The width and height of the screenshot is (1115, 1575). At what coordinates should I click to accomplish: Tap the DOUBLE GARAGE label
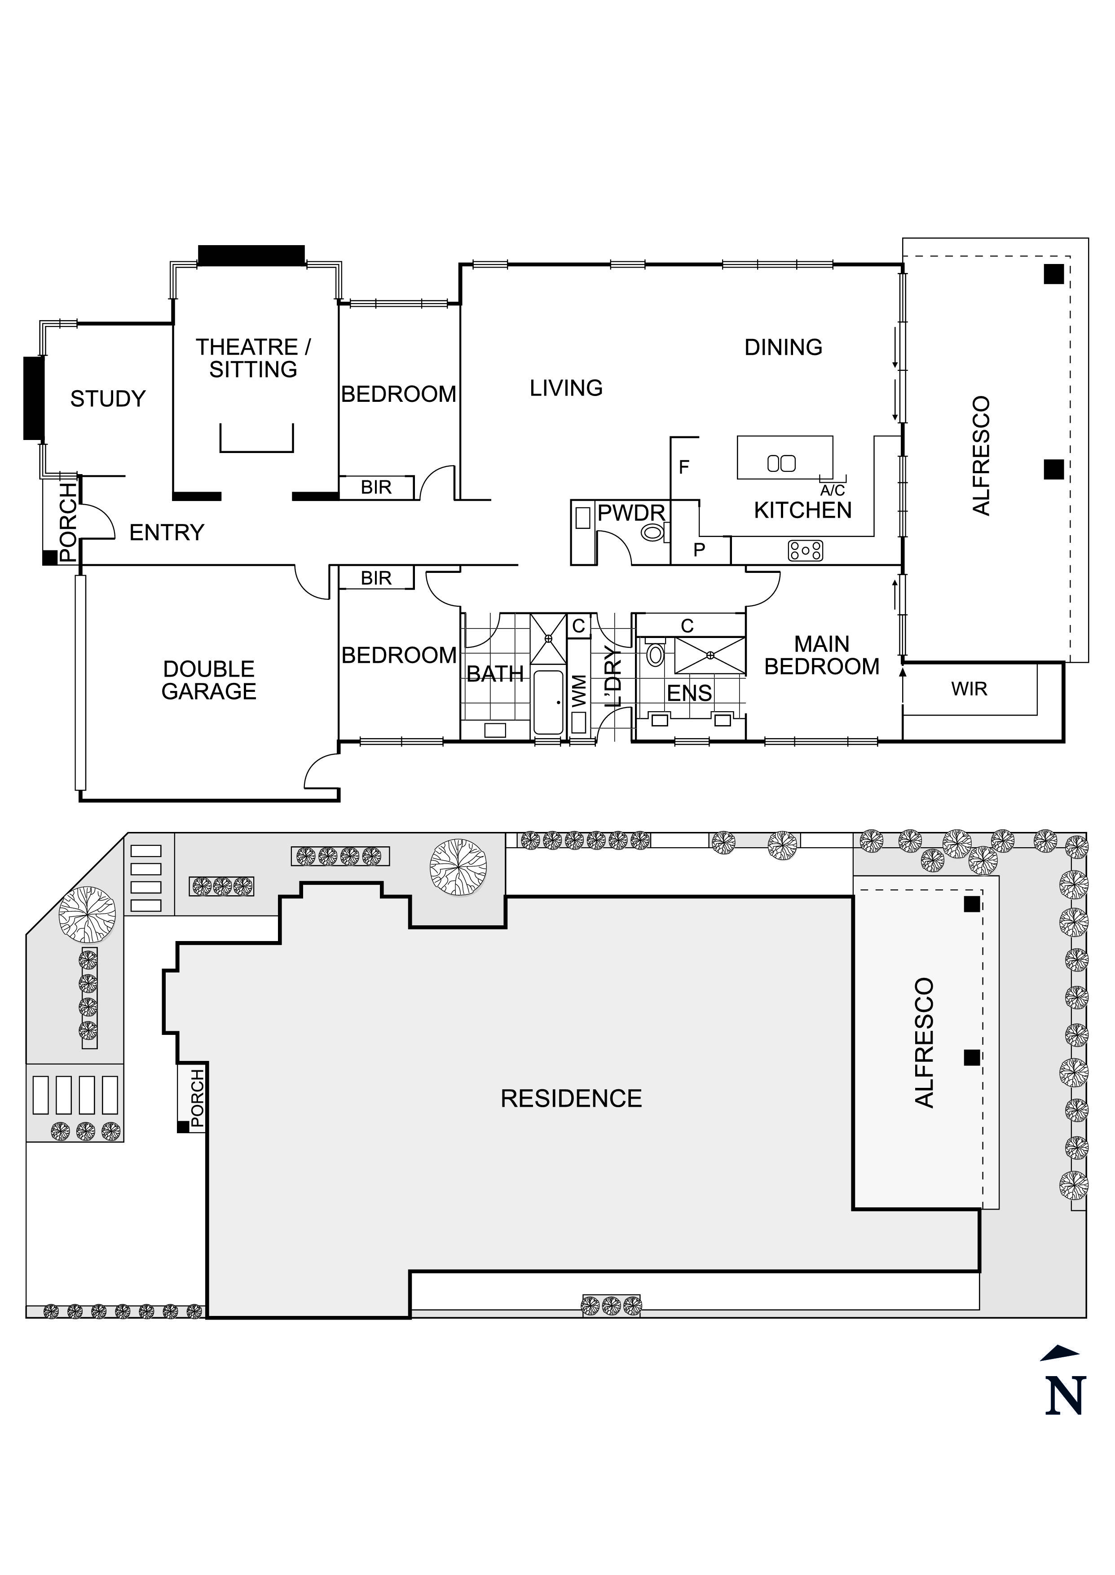(209, 680)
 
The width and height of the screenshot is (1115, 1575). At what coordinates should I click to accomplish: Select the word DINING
(784, 347)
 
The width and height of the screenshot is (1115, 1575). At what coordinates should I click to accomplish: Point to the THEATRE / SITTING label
(253, 358)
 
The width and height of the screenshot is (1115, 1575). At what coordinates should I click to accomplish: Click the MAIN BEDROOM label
(822, 656)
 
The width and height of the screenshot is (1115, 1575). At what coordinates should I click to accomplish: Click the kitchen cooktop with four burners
(805, 550)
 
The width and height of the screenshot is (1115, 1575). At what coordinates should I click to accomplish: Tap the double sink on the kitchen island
(781, 463)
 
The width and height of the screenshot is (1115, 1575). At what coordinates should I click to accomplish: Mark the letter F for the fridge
(684, 467)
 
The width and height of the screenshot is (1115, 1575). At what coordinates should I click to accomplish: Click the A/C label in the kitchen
(832, 491)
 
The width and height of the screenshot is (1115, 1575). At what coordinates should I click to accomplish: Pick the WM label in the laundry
(579, 691)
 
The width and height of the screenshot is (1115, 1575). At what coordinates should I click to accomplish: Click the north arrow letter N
(1064, 1395)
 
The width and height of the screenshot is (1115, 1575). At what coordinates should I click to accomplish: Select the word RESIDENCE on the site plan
(571, 1099)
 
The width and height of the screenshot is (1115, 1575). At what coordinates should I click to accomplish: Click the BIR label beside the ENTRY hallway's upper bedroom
(376, 487)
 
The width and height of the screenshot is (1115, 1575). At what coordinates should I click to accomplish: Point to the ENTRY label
(167, 532)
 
